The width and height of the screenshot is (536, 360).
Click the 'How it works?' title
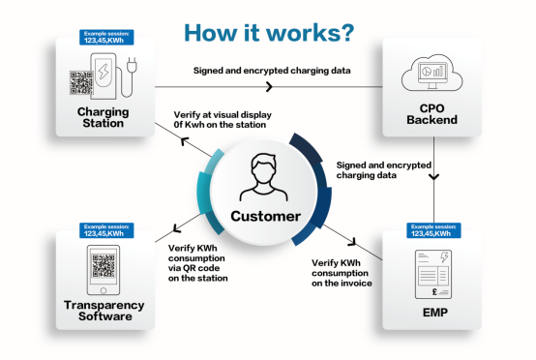[269, 33]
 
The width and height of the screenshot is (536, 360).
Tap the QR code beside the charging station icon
[81, 82]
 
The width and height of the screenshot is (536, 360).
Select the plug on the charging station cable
[132, 65]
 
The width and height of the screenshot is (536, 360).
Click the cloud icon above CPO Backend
[432, 73]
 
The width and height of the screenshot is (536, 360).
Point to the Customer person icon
[263, 177]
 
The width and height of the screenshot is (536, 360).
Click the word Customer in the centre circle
[266, 216]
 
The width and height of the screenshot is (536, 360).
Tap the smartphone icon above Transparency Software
[104, 270]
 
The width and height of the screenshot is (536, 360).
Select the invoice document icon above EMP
[433, 274]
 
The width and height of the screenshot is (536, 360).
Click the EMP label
[434, 313]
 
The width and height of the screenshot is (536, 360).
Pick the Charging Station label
[103, 117]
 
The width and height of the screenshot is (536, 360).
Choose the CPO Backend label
[432, 114]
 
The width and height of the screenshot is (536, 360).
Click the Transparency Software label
[104, 311]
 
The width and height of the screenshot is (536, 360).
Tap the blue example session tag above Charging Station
[106, 38]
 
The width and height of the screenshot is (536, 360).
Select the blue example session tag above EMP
[433, 230]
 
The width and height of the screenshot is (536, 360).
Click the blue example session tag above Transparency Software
[106, 230]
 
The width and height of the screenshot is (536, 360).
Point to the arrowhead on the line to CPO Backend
[270, 86]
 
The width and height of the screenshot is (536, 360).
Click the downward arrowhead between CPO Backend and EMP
[433, 177]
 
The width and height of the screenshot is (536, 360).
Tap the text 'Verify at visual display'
[223, 115]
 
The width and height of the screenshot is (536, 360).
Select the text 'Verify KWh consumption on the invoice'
[342, 273]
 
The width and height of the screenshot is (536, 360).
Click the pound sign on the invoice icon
[434, 291]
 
